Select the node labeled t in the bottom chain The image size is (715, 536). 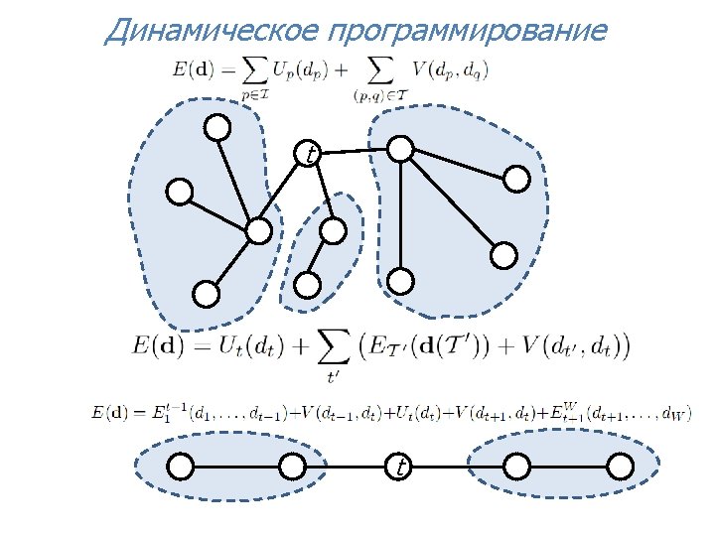coord(398,466)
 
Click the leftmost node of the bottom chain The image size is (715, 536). coord(180,466)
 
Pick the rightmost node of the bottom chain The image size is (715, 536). coord(619,466)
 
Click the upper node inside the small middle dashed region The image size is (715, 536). coord(333,231)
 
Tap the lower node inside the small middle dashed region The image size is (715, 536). coord(309,286)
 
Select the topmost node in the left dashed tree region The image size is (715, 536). coord(216,128)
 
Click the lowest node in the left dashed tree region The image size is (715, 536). coord(206,294)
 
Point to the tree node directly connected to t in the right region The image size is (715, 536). coord(399,149)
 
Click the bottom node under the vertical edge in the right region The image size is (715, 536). coord(399,281)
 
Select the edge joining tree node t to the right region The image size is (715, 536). coord(355,151)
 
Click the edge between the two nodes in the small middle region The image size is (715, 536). coord(321,259)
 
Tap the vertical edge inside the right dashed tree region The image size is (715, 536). coord(399,214)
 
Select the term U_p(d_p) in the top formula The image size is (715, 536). coord(297,70)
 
